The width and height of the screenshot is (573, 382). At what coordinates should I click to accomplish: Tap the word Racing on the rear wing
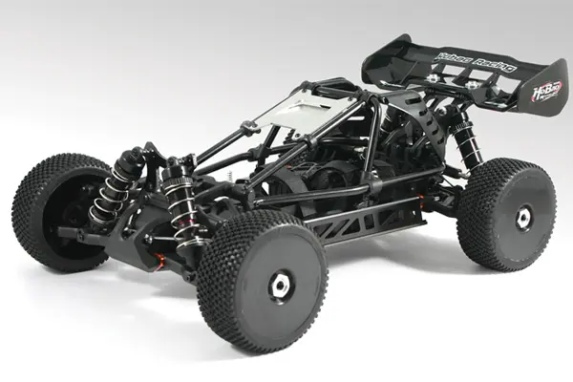(492, 67)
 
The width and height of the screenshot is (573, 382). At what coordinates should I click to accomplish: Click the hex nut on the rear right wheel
(522, 217)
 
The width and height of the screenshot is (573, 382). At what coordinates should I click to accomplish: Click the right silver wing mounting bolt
(474, 86)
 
